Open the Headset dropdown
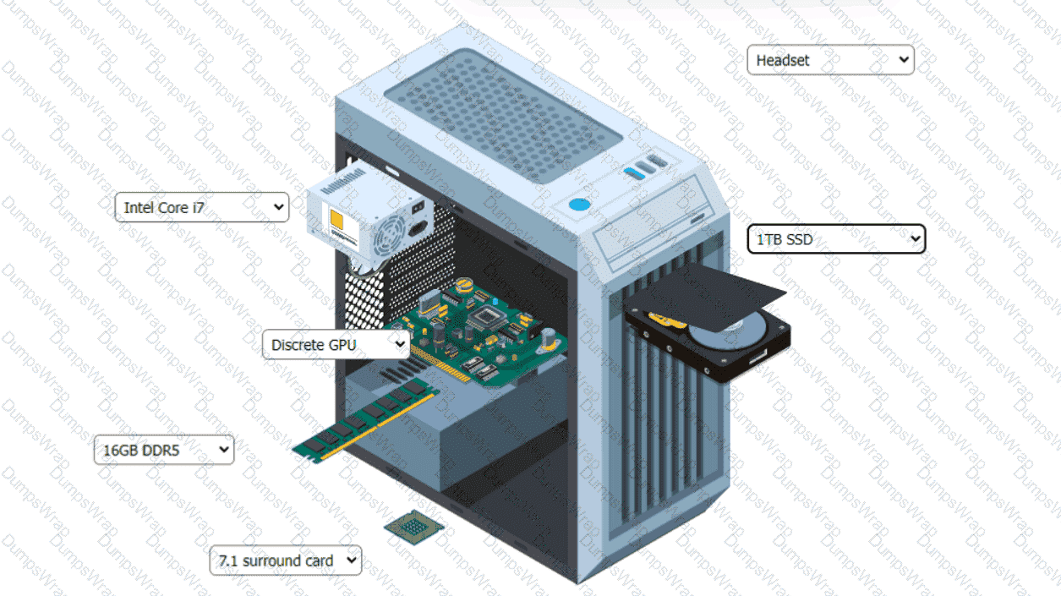coord(830,60)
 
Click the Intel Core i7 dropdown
coord(202,207)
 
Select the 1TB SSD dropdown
coord(836,239)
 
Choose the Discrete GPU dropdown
coord(336,344)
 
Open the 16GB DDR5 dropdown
coord(164,450)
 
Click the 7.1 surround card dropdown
coord(285,560)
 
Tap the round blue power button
coord(579,205)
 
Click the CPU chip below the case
coord(414,527)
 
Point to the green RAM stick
coord(364,422)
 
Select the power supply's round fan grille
coord(390,235)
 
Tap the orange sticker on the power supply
coord(336,220)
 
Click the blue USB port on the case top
coord(634,173)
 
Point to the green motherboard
coord(479,331)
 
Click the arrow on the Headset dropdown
coord(903,60)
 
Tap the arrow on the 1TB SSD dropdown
coord(915,238)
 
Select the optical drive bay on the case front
coord(654,222)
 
